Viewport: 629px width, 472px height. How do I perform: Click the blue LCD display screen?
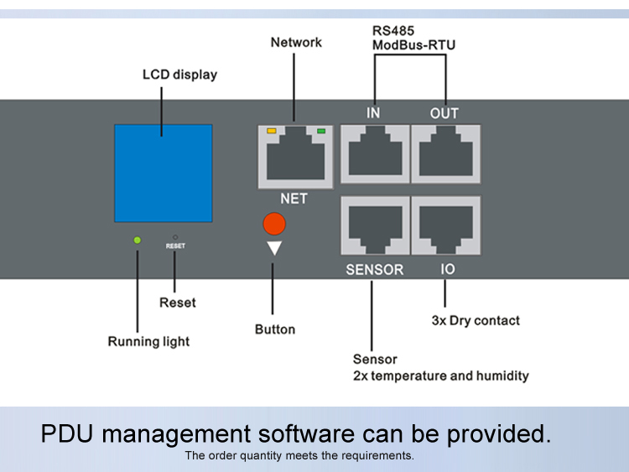[x=164, y=174]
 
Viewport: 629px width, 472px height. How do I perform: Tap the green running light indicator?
[x=138, y=241]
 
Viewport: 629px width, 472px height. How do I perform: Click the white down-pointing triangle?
[x=274, y=249]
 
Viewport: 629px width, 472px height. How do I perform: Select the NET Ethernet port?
[x=294, y=157]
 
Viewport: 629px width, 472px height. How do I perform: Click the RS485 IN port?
[x=375, y=153]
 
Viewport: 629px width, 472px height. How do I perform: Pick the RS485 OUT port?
[x=445, y=153]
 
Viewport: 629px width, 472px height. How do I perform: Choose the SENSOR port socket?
[x=375, y=225]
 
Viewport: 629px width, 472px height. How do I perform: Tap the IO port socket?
[x=445, y=225]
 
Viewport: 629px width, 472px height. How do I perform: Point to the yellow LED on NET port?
[x=271, y=131]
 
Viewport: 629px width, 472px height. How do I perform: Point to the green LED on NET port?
[x=320, y=131]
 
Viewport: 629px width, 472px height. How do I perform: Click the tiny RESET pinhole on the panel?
[x=174, y=237]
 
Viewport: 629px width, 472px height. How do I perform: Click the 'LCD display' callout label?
[x=179, y=75]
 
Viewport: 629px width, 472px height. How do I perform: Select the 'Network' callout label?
[x=296, y=42]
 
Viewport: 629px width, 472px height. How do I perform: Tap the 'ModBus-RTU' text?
[x=414, y=45]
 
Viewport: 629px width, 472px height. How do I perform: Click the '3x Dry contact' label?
[x=476, y=320]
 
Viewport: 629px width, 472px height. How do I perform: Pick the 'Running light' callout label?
[x=148, y=341]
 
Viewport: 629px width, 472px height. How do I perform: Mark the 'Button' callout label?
[x=275, y=329]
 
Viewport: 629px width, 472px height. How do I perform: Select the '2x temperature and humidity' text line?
[x=440, y=376]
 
